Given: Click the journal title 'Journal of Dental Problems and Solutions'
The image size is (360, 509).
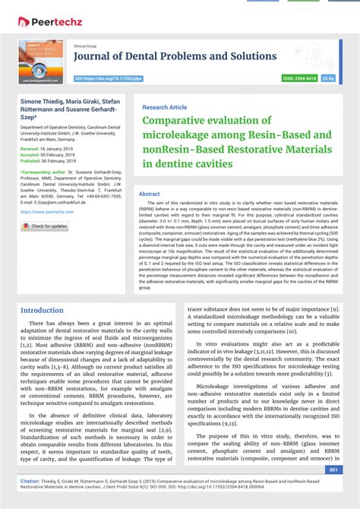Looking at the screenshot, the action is click(175, 56).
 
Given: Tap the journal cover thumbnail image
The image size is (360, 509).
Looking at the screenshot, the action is click(41, 62).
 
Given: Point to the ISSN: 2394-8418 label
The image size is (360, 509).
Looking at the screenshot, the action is click(299, 78).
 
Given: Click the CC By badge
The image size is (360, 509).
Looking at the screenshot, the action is click(328, 78).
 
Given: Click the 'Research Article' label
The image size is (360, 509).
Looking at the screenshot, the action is click(164, 108).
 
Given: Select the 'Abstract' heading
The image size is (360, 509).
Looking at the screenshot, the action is click(149, 194).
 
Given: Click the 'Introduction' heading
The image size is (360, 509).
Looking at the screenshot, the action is click(42, 310).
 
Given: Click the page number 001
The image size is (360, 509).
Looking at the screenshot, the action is click(333, 469).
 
